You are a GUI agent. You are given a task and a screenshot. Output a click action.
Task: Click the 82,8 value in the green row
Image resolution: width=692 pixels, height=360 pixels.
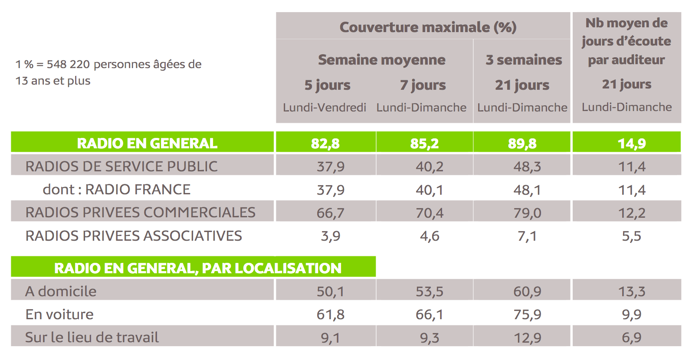[x=325, y=143]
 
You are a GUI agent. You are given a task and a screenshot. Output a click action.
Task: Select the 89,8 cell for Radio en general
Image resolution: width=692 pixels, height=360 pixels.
[x=522, y=143]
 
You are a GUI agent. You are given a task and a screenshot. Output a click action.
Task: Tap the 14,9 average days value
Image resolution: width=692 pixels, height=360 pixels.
[x=632, y=143]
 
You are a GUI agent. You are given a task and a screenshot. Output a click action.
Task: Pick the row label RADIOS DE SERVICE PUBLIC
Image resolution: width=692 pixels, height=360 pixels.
[x=121, y=166]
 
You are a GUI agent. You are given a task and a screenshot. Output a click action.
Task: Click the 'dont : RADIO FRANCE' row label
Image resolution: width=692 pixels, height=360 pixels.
[x=116, y=190]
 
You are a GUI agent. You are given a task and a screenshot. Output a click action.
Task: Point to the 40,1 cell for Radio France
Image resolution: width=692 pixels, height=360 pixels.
[x=430, y=190]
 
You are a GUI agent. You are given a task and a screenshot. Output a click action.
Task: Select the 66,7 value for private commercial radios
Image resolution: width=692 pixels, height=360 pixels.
[x=331, y=213]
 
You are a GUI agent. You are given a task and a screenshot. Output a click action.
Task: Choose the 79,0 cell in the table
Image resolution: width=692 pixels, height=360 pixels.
[x=527, y=213]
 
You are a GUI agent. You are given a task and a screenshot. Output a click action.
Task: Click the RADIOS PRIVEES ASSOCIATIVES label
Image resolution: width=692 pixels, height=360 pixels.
[x=134, y=236]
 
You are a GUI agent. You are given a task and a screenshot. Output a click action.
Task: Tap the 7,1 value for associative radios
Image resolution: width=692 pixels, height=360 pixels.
[x=527, y=236]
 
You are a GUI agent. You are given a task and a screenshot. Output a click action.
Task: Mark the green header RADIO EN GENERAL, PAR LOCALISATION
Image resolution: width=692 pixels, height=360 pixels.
[x=198, y=268]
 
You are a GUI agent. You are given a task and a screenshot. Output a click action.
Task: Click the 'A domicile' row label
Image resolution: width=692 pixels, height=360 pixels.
[x=61, y=291]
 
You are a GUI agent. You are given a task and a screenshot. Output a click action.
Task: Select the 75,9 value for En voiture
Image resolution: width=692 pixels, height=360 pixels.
[x=527, y=314]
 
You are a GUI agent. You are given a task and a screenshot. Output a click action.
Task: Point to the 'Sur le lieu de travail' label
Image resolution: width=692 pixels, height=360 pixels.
[x=92, y=337]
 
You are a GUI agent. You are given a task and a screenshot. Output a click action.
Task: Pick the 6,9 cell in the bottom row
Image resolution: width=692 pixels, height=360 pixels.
[x=632, y=337]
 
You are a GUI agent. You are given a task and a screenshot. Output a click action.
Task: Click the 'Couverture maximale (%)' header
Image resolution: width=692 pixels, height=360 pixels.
[x=428, y=27]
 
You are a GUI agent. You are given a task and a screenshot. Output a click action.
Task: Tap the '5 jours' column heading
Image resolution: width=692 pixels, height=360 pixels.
[x=327, y=85]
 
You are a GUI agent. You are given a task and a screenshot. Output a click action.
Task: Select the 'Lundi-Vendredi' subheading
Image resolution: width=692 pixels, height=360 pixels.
[x=325, y=107]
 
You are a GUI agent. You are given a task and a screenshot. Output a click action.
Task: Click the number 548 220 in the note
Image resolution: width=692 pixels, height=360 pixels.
[x=68, y=64]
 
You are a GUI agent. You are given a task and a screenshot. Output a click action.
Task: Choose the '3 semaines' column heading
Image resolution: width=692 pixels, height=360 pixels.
[x=524, y=60]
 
